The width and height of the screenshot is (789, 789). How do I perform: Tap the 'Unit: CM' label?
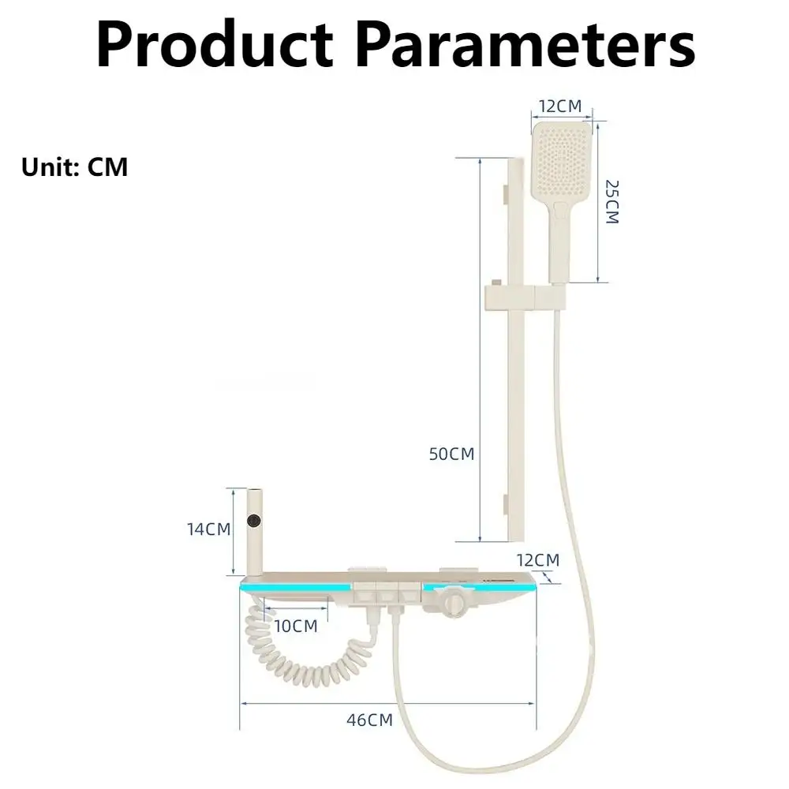coord(75,167)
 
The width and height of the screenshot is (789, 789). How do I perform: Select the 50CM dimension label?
coord(451,454)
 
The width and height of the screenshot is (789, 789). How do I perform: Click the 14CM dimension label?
coord(208,529)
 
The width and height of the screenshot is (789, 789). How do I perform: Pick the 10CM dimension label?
coord(295,626)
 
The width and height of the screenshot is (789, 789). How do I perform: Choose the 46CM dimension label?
coord(369,720)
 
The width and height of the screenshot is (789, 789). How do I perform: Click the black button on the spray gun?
coord(254,521)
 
